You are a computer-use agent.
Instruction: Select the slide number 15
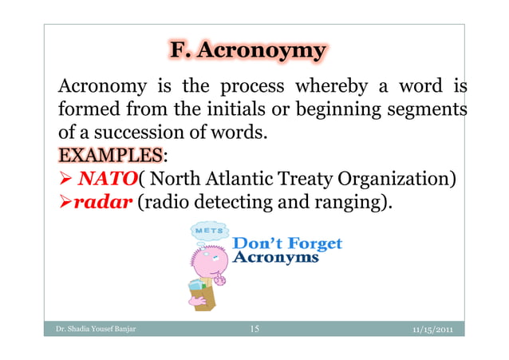[254, 328]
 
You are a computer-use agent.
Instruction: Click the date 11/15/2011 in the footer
[430, 329]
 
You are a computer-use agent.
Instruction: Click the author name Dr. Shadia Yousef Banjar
[89, 329]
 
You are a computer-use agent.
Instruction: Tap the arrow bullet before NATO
[64, 177]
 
